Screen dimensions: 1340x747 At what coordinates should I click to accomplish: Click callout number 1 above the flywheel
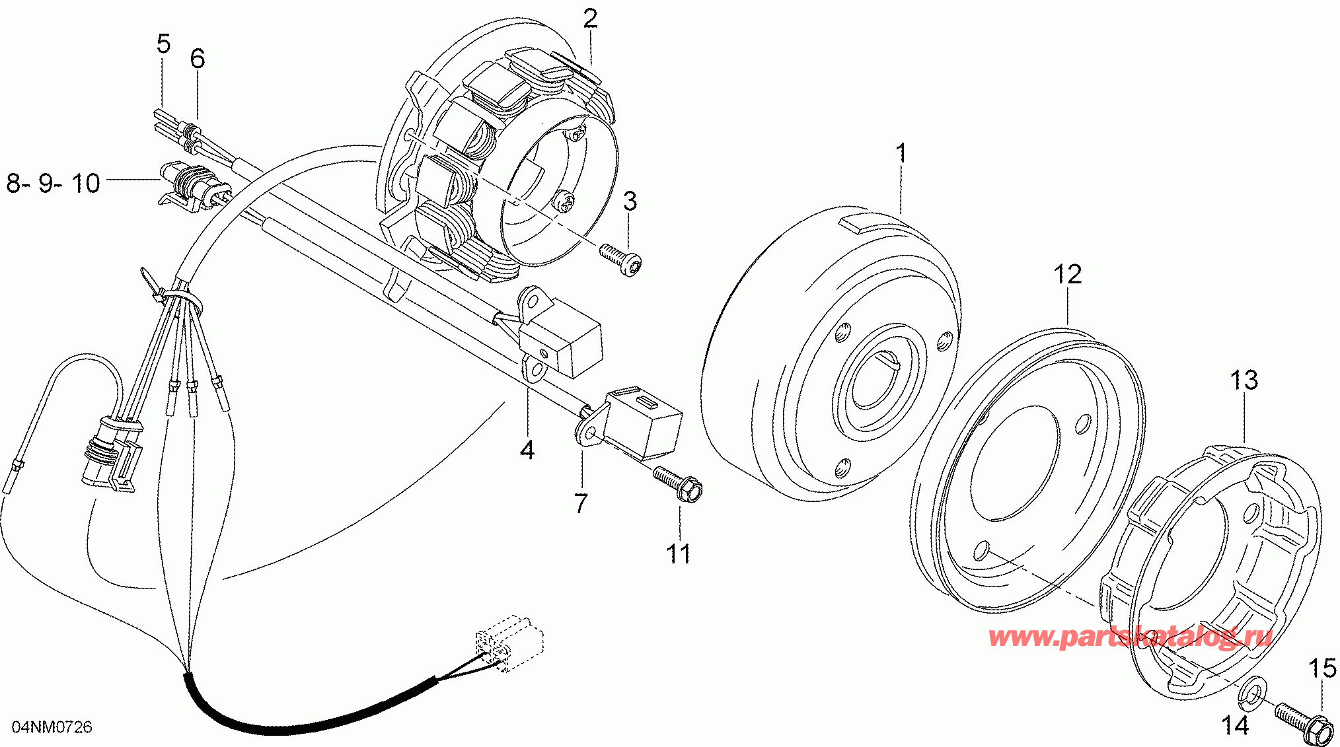pyautogui.click(x=901, y=153)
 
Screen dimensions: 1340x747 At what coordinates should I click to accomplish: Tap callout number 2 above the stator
pyautogui.click(x=590, y=18)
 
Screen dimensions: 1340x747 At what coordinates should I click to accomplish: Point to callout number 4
pyautogui.click(x=527, y=450)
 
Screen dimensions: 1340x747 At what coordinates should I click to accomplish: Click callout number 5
pyautogui.click(x=163, y=44)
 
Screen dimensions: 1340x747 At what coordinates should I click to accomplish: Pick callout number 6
pyautogui.click(x=197, y=59)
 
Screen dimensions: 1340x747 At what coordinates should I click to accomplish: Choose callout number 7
pyautogui.click(x=580, y=503)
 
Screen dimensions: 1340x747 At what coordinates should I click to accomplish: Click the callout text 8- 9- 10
pyautogui.click(x=53, y=183)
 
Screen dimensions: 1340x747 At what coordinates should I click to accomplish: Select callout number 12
pyautogui.click(x=1067, y=274)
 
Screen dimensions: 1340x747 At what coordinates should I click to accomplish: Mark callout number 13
pyautogui.click(x=1244, y=380)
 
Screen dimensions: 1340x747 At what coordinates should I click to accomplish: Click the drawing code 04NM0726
pyautogui.click(x=53, y=727)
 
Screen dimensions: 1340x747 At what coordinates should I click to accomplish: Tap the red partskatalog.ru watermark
pyautogui.click(x=1130, y=637)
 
